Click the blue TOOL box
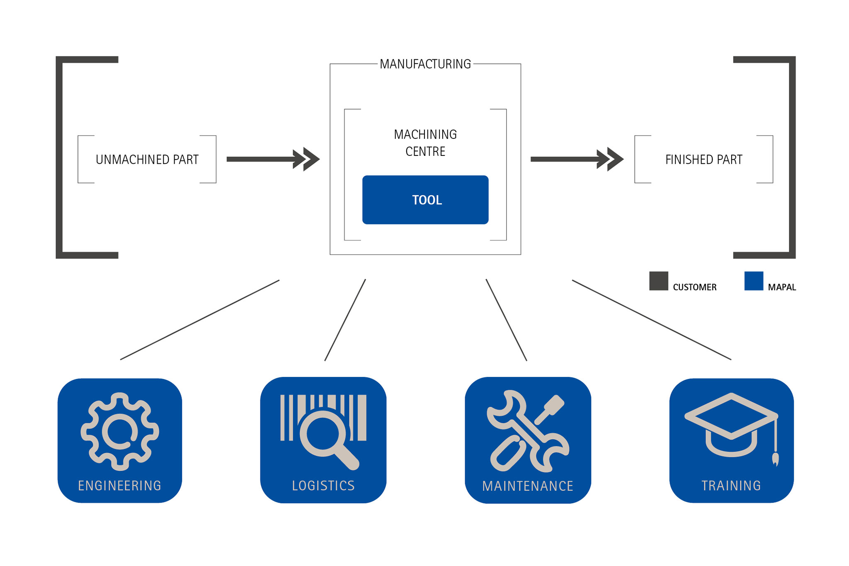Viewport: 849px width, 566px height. [x=425, y=200]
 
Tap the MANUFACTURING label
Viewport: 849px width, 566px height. [x=425, y=64]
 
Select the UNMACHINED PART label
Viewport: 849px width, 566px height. [x=147, y=160]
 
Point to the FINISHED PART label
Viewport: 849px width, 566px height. [x=703, y=160]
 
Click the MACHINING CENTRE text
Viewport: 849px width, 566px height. [x=425, y=143]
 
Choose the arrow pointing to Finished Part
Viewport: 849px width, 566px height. [x=577, y=159]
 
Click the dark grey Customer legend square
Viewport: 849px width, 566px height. [x=658, y=281]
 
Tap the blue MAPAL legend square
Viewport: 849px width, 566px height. [x=754, y=281]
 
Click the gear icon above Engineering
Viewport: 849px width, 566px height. [x=120, y=432]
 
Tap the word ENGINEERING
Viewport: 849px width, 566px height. [x=120, y=486]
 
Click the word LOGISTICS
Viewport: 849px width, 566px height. [x=323, y=486]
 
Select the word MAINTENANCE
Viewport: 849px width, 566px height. [x=528, y=486]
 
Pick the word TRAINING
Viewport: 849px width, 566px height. [x=731, y=486]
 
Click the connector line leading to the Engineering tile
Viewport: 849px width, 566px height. [x=200, y=320]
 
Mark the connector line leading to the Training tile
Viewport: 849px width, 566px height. [x=651, y=320]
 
